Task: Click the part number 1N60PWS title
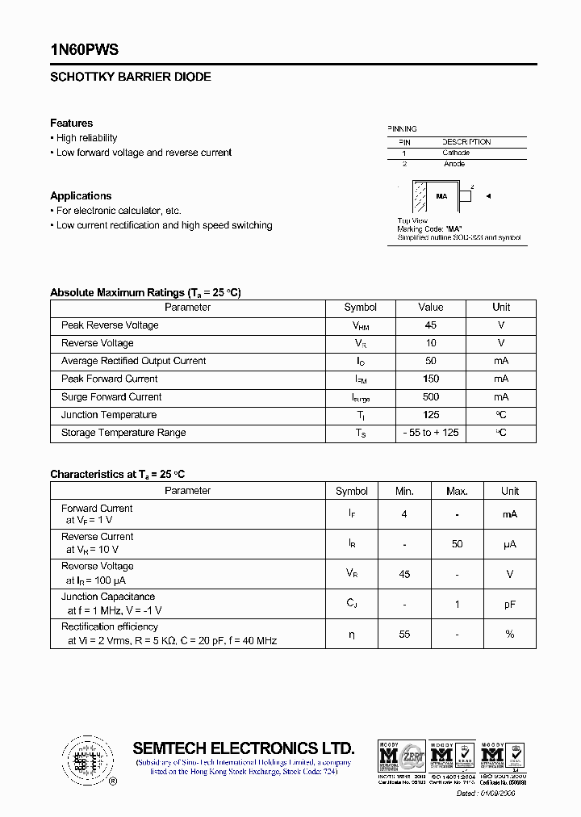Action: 84,50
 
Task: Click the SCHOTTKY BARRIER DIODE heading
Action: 131,78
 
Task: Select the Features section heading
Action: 71,124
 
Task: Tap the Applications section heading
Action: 81,196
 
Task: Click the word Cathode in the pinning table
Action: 456,153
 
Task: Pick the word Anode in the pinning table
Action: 454,164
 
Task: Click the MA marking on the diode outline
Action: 441,196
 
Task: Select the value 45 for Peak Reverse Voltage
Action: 431,325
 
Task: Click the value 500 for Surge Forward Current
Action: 431,397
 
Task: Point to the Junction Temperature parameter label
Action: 109,415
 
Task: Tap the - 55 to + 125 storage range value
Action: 431,433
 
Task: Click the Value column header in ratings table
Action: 431,308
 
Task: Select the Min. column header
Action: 404,491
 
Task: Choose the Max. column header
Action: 457,491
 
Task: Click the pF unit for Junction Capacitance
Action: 509,604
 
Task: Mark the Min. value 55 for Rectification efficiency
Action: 404,635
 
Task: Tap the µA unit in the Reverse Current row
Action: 509,544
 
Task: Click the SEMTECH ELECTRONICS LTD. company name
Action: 243,748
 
